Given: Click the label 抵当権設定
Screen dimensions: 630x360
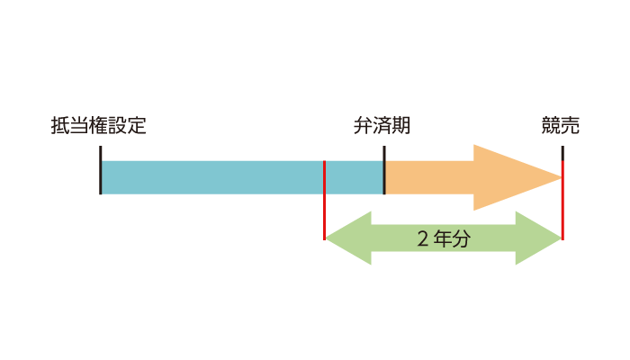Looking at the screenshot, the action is coord(98,125).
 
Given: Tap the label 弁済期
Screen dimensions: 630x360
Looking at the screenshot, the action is coord(382,125).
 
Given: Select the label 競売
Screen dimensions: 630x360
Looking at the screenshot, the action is coord(561,125).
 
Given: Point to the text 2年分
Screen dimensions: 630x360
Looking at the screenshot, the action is coord(444,238).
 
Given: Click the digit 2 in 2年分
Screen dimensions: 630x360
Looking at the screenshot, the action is coord(423,238).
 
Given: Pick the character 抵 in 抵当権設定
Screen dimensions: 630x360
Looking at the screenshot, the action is coord(60,125).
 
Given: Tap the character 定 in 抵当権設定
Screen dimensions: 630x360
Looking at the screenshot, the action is coord(137,125).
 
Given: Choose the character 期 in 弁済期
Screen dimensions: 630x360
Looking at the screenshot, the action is coord(401,125).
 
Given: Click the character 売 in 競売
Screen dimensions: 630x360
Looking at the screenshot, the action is coord(571,125).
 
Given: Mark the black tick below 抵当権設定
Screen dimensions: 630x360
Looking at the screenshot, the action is coord(101,170).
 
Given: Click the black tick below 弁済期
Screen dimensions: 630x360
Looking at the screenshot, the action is coord(384,170).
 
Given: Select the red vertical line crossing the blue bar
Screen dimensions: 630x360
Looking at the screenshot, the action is coord(324,200).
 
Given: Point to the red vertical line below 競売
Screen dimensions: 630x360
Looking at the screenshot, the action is coord(562,200).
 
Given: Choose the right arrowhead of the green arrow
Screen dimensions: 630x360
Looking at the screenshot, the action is coord(538,238).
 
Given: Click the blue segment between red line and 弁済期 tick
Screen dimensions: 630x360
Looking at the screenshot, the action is coord(354,177).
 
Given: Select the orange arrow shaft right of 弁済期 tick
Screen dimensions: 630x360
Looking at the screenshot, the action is coord(429,177).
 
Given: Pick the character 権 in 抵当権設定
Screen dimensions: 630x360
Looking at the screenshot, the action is coord(98,125).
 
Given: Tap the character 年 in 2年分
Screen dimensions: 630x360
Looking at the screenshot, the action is coord(444,238).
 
